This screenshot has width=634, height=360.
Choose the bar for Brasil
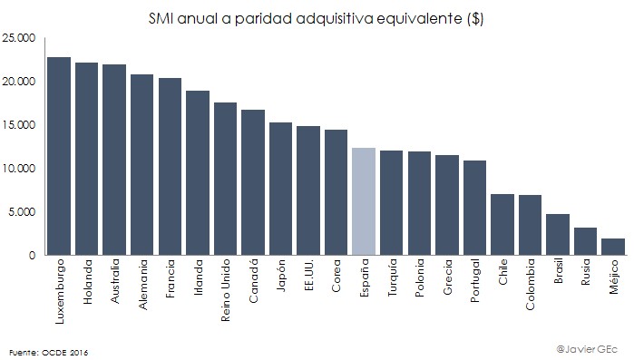click(x=557, y=235)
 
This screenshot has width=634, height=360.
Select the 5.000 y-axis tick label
click(x=21, y=212)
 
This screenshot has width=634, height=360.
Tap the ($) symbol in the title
click(x=473, y=18)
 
